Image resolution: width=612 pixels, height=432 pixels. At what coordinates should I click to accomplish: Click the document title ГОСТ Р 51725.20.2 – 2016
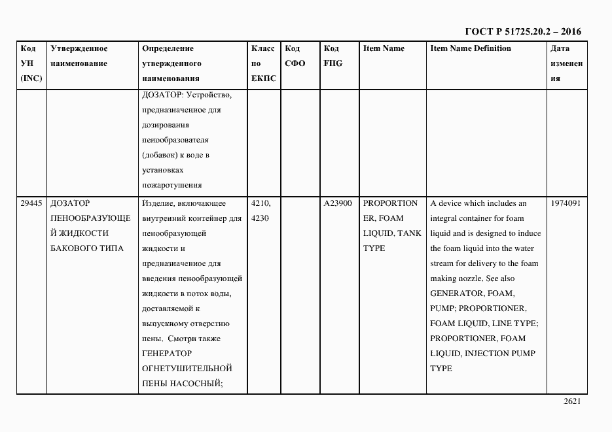coord(522,31)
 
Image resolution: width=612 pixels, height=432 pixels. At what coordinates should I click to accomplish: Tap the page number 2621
coord(572,402)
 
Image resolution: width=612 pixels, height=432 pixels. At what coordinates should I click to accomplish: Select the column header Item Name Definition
coord(471,48)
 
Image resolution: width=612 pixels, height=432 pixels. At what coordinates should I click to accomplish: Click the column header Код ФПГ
coord(333,56)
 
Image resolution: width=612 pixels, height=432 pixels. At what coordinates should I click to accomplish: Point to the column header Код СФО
coord(295,56)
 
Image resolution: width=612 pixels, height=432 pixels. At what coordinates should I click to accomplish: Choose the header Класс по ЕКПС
coord(263,63)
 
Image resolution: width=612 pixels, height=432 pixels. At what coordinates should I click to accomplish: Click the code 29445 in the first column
coord(31,203)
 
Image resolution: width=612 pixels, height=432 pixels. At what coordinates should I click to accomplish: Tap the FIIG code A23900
coord(338,203)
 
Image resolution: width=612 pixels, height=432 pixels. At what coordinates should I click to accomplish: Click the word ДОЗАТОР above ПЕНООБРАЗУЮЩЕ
coord(70,203)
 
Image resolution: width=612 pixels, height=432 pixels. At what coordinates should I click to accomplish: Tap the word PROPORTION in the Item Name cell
coord(390,203)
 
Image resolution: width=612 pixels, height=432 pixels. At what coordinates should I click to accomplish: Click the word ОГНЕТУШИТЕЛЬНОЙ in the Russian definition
coord(187,369)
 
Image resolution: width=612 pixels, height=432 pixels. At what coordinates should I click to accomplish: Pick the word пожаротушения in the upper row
coord(171,185)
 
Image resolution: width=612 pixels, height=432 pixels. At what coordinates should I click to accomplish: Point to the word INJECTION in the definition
coord(490,354)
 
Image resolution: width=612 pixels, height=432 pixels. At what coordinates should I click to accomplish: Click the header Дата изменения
coord(566,63)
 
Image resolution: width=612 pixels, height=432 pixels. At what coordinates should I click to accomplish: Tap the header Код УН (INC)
coord(31,63)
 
